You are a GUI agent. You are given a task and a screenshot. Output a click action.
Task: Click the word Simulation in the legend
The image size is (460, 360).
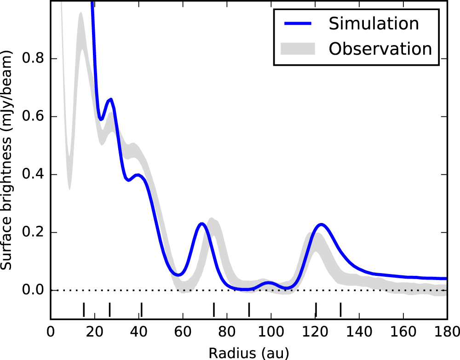[374, 23]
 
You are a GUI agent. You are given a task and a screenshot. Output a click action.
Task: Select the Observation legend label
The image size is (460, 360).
[380, 48]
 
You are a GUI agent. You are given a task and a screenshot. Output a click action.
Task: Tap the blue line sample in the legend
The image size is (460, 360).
[299, 24]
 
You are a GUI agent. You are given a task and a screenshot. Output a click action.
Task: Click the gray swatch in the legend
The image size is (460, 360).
[299, 48]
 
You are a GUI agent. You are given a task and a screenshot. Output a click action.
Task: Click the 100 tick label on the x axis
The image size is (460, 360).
[270, 332]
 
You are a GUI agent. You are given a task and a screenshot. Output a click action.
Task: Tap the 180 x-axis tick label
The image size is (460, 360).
[446, 332]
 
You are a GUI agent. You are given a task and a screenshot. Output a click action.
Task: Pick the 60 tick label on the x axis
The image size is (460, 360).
[183, 332]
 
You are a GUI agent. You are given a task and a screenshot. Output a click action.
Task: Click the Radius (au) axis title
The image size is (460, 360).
[249, 352]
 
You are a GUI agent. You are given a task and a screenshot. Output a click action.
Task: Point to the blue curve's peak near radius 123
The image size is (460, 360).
[321, 224]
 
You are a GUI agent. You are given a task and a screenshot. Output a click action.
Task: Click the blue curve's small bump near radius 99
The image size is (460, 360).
[269, 283]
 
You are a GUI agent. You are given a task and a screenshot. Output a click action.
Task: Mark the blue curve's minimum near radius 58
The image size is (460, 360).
[179, 275]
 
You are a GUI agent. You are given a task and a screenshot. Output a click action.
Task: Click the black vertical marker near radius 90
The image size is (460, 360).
[249, 309]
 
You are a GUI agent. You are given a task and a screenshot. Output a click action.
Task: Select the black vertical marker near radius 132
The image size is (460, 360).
[340, 309]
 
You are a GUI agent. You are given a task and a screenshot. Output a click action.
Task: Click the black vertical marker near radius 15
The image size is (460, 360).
[83, 309]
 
